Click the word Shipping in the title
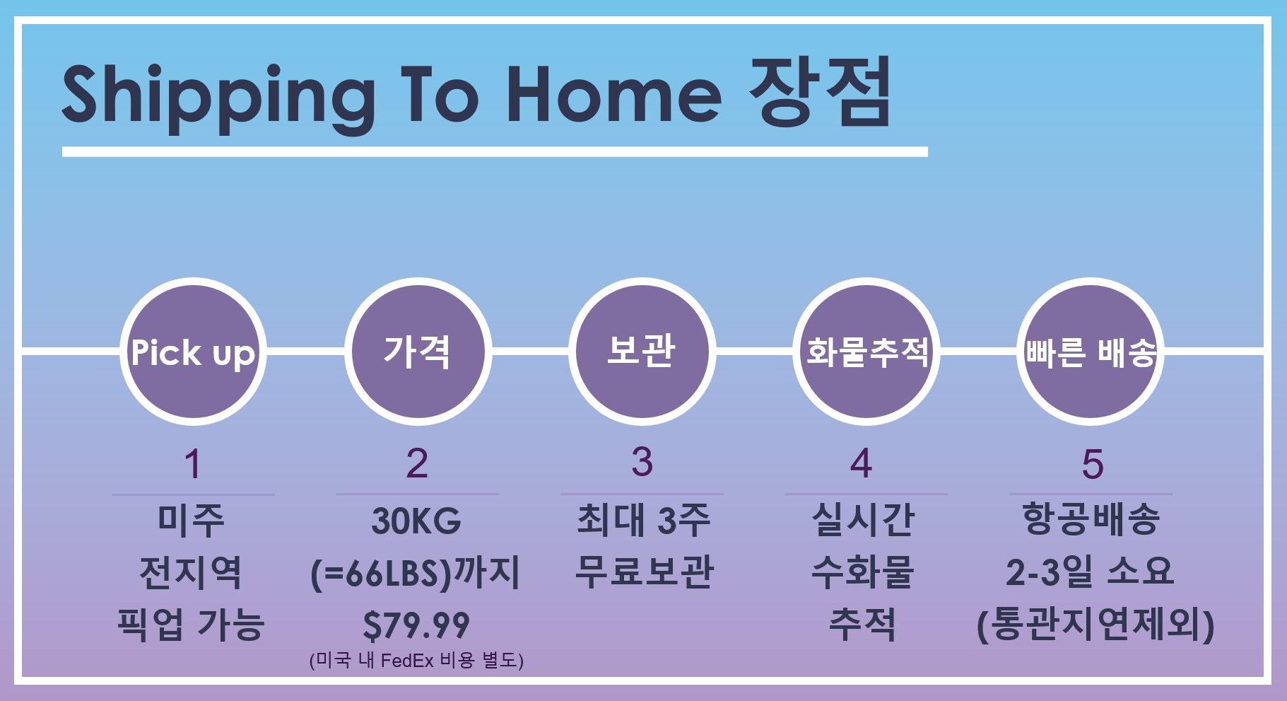[x=219, y=98]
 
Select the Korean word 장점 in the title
[x=820, y=93]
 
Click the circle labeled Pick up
[x=193, y=352]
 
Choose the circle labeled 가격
[x=418, y=352]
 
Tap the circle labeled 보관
[x=642, y=352]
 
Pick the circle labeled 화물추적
[x=866, y=352]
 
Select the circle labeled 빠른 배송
[x=1091, y=352]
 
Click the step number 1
[x=192, y=464]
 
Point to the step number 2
[x=417, y=464]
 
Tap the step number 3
[x=642, y=462]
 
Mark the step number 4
[x=861, y=464]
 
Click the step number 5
[x=1092, y=464]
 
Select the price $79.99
[x=416, y=625]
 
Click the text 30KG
[x=416, y=521]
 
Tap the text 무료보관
[x=645, y=572]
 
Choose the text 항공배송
[x=1091, y=519]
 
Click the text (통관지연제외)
[x=1095, y=625]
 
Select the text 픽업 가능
[x=191, y=625]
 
